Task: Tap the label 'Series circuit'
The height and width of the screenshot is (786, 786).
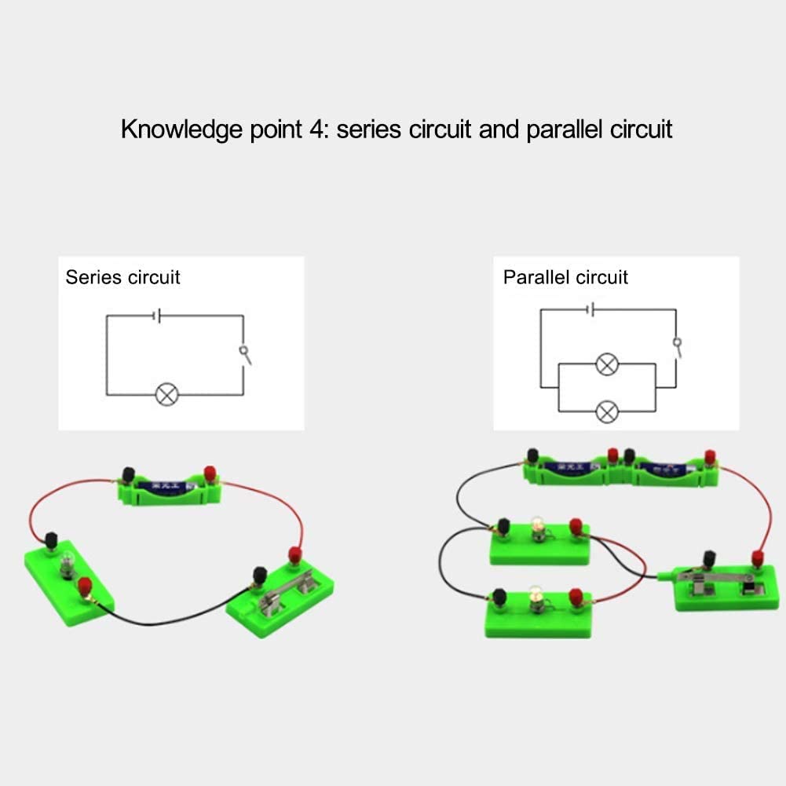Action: [122, 277]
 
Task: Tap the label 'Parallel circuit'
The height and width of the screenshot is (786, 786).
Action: [565, 277]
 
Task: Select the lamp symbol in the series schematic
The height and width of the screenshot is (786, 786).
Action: [166, 394]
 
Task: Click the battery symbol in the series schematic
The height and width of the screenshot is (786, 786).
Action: [158, 316]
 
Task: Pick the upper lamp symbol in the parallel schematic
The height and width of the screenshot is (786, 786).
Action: [606, 364]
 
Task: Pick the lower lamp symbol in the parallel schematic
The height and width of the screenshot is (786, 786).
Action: [606, 411]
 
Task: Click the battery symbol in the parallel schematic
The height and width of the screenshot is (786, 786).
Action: [591, 309]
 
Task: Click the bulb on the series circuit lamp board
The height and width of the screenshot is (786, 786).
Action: [68, 561]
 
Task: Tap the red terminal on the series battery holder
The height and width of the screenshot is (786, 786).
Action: [210, 473]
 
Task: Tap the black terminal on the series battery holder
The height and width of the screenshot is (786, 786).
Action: [127, 475]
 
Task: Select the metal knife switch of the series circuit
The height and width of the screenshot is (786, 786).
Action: [287, 590]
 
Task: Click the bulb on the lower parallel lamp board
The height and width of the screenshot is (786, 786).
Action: [537, 594]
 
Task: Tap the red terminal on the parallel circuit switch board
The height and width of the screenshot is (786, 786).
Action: [758, 558]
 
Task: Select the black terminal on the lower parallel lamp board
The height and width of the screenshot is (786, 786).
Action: [497, 599]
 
